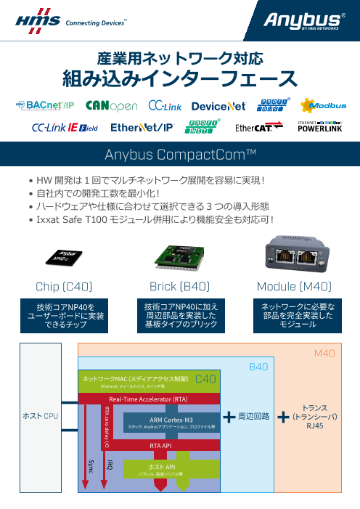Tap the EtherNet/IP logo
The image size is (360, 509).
pos(142,128)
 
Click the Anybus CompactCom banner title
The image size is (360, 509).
pos(181,155)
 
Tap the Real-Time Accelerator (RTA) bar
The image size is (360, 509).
pos(150,399)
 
